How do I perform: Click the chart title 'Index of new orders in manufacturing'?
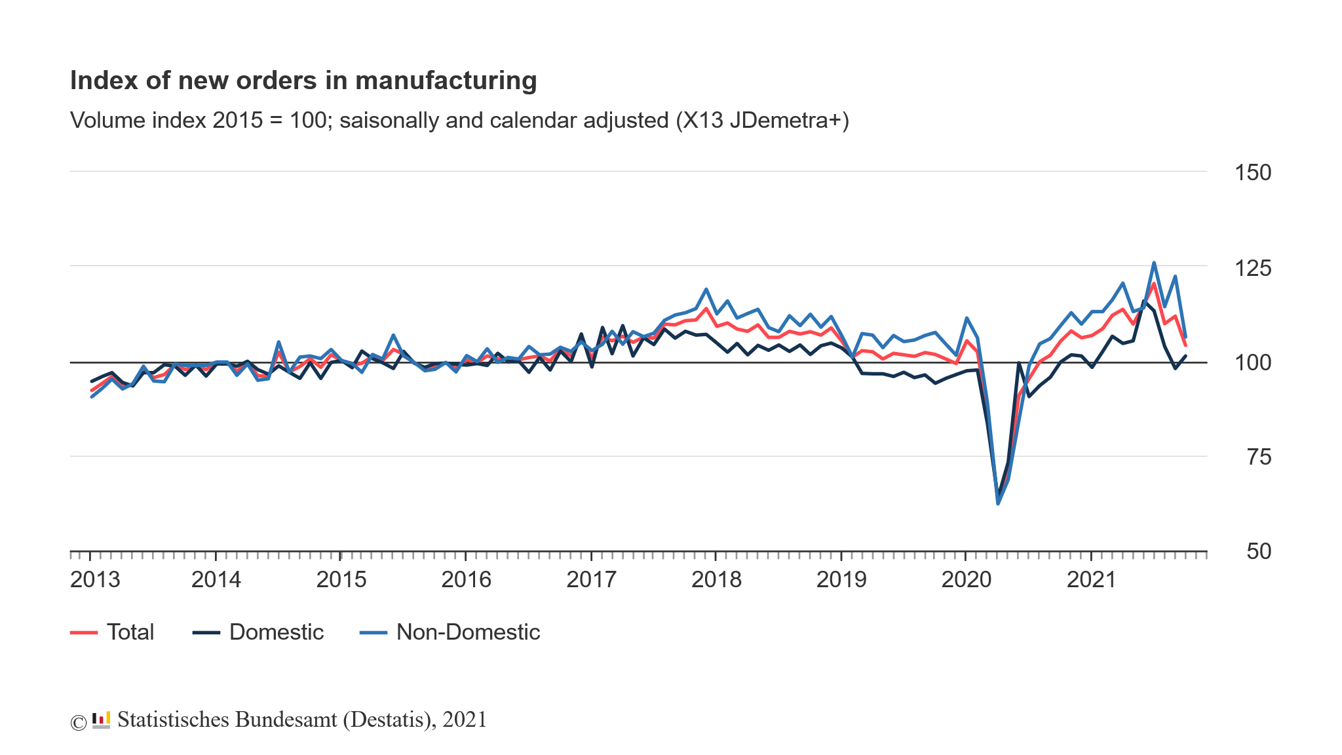pos(303,81)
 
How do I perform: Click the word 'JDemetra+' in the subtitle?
pos(789,121)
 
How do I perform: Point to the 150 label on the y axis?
pos(1252,173)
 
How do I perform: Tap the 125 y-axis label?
pos(1252,268)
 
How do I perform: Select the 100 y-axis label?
pos(1252,362)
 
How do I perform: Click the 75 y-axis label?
pos(1258,457)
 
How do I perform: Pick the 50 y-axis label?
pos(1258,552)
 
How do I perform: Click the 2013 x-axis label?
pos(95,580)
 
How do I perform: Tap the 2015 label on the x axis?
pos(341,580)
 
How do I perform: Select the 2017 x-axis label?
pos(591,580)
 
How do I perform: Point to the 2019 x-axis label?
pos(841,580)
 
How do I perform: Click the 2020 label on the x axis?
pos(966,580)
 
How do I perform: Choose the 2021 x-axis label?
pos(1091,580)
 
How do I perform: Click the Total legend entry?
pos(130,632)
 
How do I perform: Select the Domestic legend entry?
pos(276,632)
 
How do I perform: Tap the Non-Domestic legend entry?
pos(468,632)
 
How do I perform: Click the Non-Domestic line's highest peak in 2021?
pos(1154,263)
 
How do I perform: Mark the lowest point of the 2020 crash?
pos(998,503)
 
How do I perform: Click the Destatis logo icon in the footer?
pos(101,720)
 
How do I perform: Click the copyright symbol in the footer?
pos(78,722)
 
